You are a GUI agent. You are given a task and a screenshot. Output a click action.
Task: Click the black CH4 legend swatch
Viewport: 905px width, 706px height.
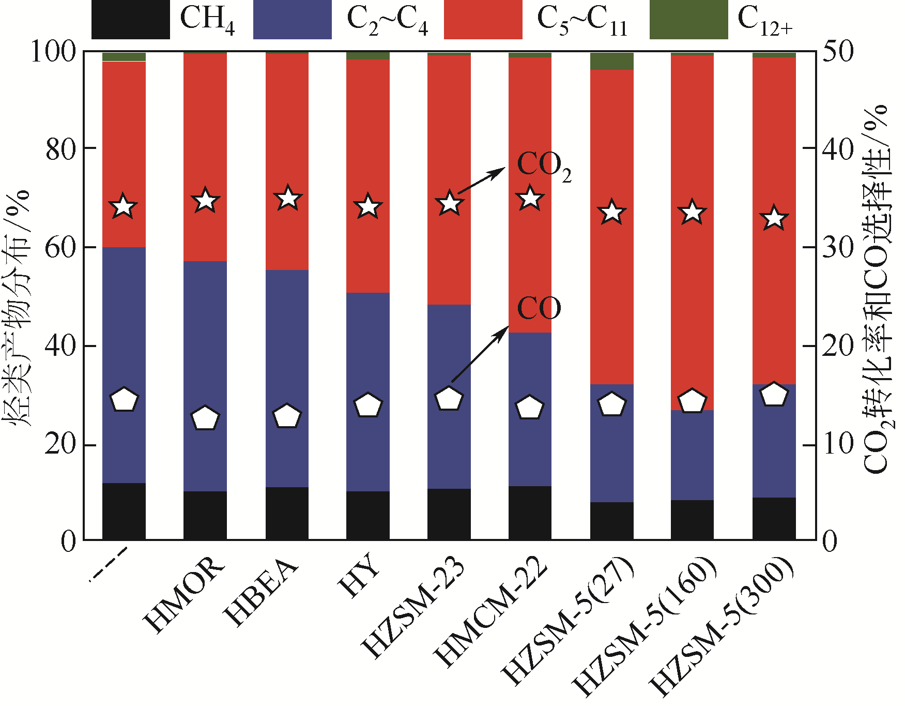pyautogui.click(x=130, y=19)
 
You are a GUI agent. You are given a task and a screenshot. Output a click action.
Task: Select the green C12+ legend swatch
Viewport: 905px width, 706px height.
pyautogui.click(x=688, y=19)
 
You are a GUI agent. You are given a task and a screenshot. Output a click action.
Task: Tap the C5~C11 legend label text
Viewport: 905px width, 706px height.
pyautogui.click(x=582, y=21)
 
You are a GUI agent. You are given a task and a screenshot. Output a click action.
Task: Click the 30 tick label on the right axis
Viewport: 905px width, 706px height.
pyautogui.click(x=838, y=247)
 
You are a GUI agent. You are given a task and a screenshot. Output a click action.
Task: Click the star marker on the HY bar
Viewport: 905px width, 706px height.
pyautogui.click(x=368, y=207)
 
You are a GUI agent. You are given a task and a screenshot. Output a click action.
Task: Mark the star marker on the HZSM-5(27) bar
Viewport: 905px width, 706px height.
pyautogui.click(x=612, y=212)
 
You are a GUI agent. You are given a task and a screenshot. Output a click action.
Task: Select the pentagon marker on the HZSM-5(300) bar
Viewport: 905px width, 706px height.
pyautogui.click(x=774, y=395)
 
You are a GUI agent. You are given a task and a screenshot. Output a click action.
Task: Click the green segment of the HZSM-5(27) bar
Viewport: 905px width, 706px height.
pyautogui.click(x=612, y=61)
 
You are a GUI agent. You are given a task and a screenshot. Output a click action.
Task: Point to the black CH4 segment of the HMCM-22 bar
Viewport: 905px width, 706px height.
pyautogui.click(x=530, y=513)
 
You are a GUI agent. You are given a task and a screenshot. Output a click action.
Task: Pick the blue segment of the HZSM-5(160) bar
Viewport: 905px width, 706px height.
pyautogui.click(x=692, y=455)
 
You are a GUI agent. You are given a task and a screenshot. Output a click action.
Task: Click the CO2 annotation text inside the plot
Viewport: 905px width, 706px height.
pyautogui.click(x=544, y=167)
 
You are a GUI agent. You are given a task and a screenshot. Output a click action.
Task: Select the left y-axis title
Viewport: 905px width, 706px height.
pyautogui.click(x=19, y=308)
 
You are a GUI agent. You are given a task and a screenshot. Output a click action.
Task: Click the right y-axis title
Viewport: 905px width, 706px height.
pyautogui.click(x=877, y=290)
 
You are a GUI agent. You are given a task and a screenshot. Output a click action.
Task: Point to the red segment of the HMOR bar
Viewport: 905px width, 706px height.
pyautogui.click(x=205, y=155)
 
